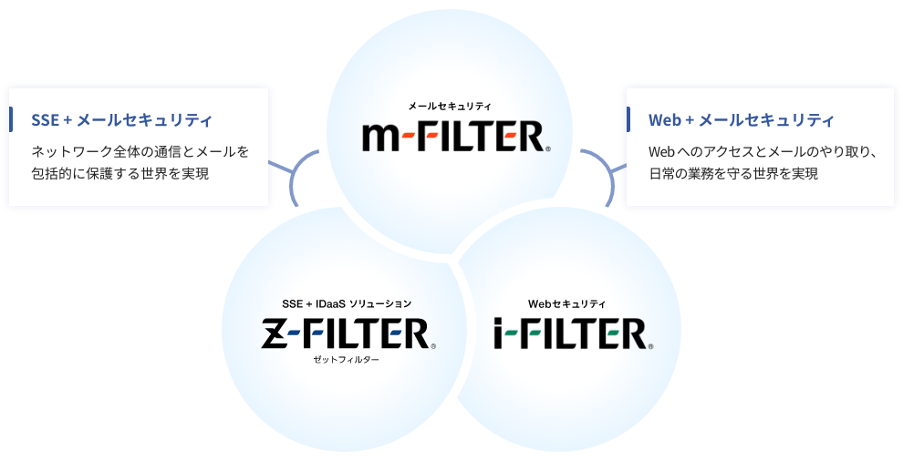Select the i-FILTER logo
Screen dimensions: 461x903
573,333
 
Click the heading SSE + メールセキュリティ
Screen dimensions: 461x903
121,120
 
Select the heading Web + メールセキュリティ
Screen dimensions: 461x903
741,120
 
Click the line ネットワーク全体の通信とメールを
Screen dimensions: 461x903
140,150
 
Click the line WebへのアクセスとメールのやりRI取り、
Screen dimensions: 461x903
763,150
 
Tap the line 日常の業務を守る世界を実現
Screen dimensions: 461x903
733,173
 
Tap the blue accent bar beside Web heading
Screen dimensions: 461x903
628,119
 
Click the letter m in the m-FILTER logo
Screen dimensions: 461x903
381,138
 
